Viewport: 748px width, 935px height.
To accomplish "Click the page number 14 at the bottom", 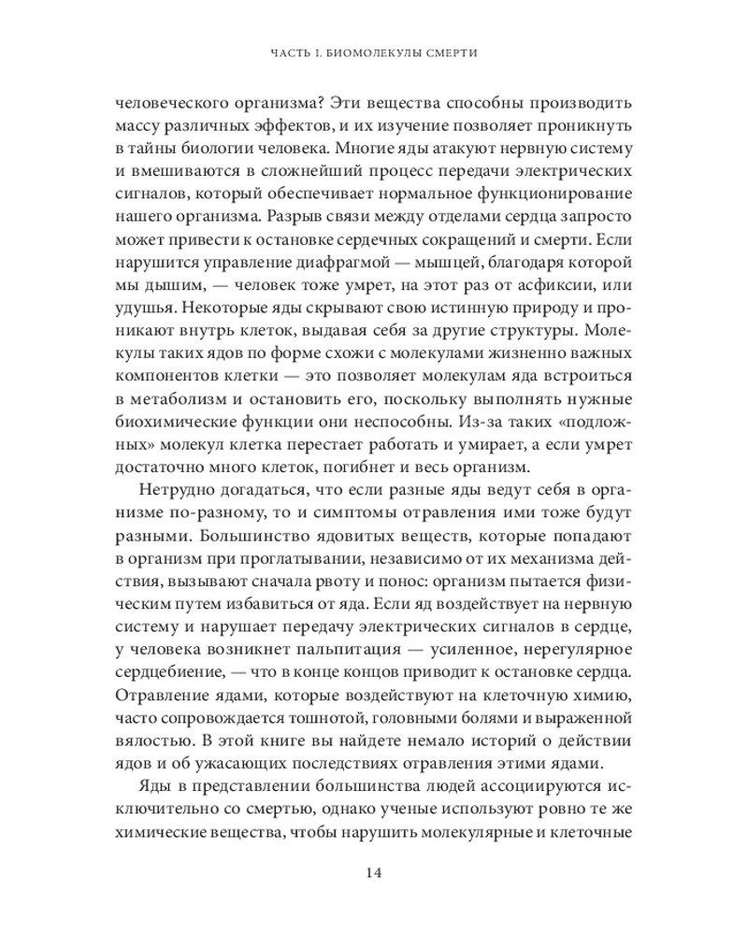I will pyautogui.click(x=374, y=874).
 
